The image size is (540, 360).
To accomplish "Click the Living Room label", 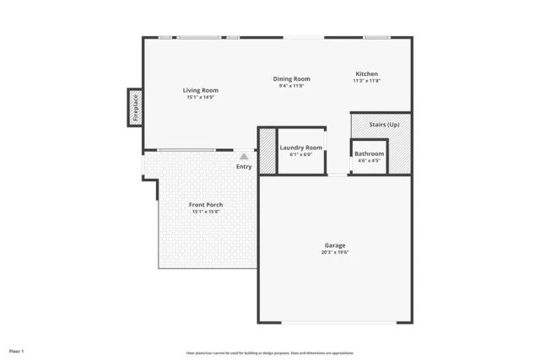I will [x=202, y=90].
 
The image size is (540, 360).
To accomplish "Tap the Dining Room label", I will [x=291, y=78].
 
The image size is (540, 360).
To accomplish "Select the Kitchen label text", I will [x=366, y=74].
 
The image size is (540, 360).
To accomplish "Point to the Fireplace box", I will [x=135, y=108].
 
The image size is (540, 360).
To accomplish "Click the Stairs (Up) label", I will [x=384, y=125].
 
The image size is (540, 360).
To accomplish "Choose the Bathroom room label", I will [x=369, y=153].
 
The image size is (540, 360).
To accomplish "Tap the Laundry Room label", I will [x=300, y=148].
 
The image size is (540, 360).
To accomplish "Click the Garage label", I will [x=335, y=245].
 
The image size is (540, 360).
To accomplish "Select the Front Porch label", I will [x=206, y=205].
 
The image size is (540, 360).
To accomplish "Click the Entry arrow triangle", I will [x=244, y=156].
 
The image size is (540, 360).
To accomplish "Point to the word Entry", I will [x=244, y=166].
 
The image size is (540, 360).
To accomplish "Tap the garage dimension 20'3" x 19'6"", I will [x=335, y=252].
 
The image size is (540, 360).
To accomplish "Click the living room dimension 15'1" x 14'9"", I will [x=202, y=97].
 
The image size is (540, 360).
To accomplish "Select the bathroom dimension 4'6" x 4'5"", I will [x=369, y=160].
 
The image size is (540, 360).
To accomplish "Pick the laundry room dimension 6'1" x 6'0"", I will [x=300, y=154].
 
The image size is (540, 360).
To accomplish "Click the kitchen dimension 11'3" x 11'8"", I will [x=367, y=81].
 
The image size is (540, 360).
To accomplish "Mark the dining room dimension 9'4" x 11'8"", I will [x=291, y=85].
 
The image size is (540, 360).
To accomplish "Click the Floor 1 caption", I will [x=16, y=350].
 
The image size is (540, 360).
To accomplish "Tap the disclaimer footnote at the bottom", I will [x=270, y=353].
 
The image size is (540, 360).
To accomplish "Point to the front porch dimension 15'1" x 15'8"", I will [x=206, y=212].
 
